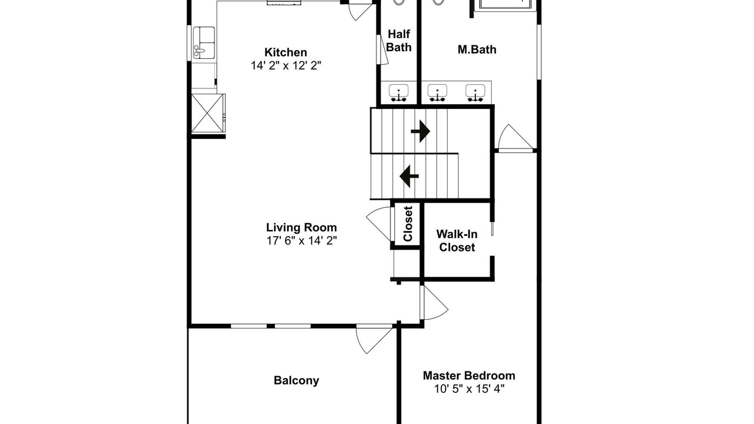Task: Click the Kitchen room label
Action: (x=286, y=52)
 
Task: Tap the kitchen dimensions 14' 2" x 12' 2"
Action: (x=286, y=65)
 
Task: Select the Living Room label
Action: (x=301, y=227)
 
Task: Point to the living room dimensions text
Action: (x=302, y=241)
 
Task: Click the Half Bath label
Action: (x=399, y=41)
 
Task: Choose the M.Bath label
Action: (x=477, y=49)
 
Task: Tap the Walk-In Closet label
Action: (x=457, y=241)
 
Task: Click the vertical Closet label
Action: (x=408, y=224)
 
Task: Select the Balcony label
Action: (x=296, y=380)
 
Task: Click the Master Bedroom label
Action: (x=469, y=376)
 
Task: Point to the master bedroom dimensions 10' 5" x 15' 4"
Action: (x=469, y=389)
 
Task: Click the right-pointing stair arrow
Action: (x=420, y=131)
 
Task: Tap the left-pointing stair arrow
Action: (x=409, y=176)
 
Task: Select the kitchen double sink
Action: (x=204, y=42)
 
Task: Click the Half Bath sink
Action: (x=399, y=92)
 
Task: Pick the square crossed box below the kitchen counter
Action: (x=207, y=114)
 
